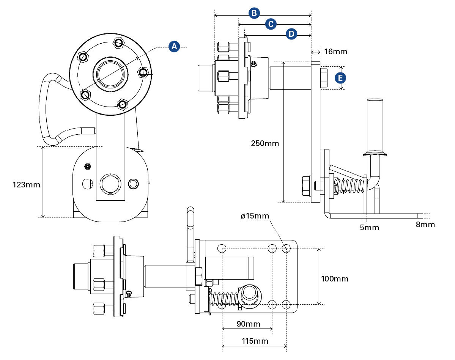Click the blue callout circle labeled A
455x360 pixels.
[174, 47]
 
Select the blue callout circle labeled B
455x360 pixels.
[254, 13]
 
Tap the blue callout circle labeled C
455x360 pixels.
[271, 24]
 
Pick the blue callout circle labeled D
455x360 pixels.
[291, 34]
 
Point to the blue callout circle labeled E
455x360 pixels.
[340, 78]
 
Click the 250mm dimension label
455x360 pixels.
[265, 143]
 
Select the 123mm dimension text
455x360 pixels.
[26, 185]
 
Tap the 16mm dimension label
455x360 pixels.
[336, 51]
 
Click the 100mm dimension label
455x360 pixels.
[334, 279]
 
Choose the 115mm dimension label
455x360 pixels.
[255, 341]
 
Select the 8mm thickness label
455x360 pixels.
[425, 225]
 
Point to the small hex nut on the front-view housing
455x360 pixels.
[88, 166]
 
